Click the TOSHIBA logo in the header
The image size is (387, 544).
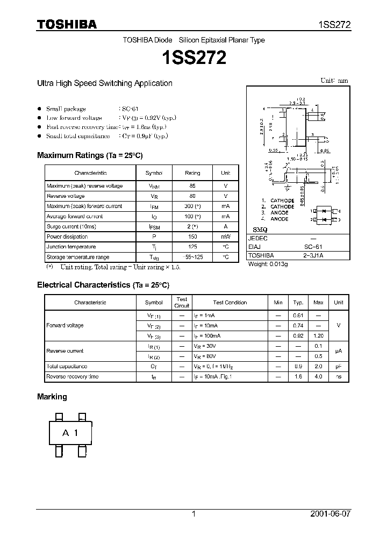pyautogui.click(x=67, y=24)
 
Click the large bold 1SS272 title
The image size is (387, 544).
pyautogui.click(x=193, y=58)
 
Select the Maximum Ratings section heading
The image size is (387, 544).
pyautogui.click(x=90, y=155)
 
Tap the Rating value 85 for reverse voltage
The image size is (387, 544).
pyautogui.click(x=192, y=186)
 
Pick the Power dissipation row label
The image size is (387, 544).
pyautogui.click(x=67, y=237)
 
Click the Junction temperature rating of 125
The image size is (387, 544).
pyautogui.click(x=192, y=247)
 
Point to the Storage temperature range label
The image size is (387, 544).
pyautogui.click(x=78, y=257)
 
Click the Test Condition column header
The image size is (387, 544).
pyautogui.click(x=230, y=303)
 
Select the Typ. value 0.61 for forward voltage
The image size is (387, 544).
pyautogui.click(x=298, y=316)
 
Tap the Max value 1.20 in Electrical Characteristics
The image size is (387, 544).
pyautogui.click(x=318, y=335)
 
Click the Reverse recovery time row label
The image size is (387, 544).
pyautogui.click(x=73, y=377)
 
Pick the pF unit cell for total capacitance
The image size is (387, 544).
pyautogui.click(x=338, y=366)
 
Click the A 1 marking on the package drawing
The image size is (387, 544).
pyautogui.click(x=70, y=433)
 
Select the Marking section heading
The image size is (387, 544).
pyautogui.click(x=52, y=397)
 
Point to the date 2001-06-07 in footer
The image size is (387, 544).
pyautogui.click(x=330, y=514)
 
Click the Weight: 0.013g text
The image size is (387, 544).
pyautogui.click(x=268, y=264)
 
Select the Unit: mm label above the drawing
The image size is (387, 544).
pyautogui.click(x=334, y=81)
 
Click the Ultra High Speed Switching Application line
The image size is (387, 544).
pyautogui.click(x=104, y=83)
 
